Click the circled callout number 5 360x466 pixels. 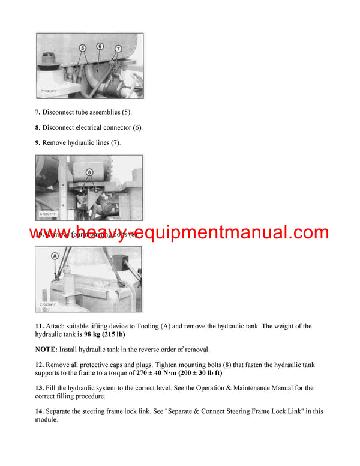point(82,47)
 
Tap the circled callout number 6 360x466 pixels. point(100,46)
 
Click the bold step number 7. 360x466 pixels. point(38,112)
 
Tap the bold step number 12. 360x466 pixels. point(39,365)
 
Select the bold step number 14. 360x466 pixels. point(39,411)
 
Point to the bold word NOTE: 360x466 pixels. point(46,349)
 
